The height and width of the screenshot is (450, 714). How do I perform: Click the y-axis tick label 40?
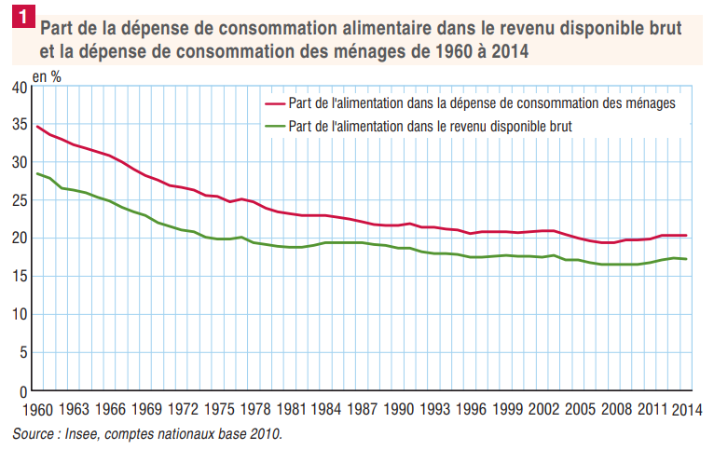(19, 88)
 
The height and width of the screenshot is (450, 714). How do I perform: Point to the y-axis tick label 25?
(19, 200)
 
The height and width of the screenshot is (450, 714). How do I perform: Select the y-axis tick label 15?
(19, 276)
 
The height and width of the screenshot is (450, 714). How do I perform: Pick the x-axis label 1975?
(219, 410)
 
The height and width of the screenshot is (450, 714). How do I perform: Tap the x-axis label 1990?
(398, 410)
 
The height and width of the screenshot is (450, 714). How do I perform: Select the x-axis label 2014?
(687, 410)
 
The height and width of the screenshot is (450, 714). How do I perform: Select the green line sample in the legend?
(276, 125)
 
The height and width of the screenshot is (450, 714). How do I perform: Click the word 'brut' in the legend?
(558, 125)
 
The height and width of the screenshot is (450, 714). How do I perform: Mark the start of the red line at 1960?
(36, 126)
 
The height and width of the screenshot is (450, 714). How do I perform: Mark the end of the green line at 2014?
(687, 259)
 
